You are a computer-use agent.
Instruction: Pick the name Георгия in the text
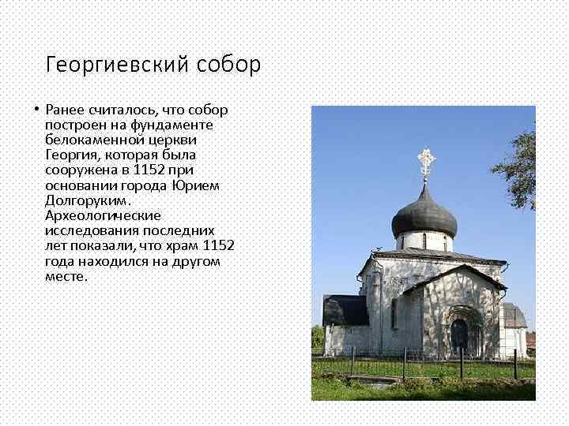71,155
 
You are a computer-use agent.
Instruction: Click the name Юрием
196,185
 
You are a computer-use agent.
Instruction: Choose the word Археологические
103,215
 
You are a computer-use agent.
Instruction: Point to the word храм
183,245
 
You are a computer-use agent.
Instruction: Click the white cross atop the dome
426,162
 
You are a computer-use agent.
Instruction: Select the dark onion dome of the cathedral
424,211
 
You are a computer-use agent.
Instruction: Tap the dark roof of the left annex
345,310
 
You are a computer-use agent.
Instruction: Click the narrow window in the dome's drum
424,241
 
